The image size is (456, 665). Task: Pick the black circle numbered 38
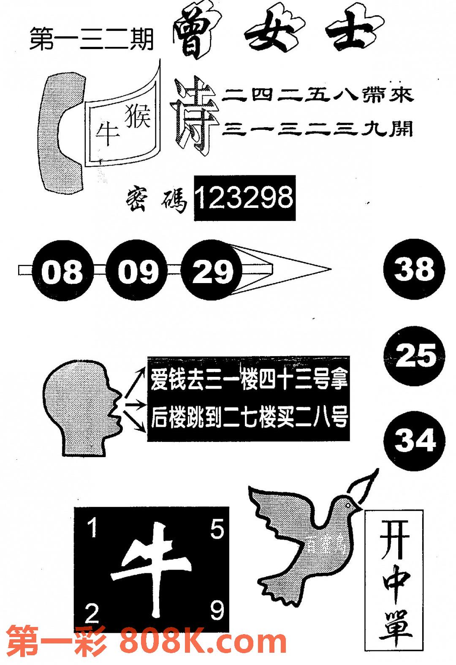pos(414,269)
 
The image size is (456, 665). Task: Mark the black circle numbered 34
pos(415,441)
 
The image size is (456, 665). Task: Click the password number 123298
pos(244,198)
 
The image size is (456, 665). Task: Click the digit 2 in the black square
pos(92,613)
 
